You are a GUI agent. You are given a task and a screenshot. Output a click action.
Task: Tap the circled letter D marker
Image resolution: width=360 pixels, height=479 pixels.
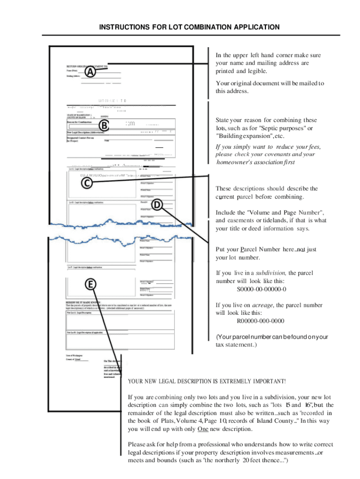[158, 204]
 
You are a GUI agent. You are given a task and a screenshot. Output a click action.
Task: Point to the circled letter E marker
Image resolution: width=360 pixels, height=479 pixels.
[91, 284]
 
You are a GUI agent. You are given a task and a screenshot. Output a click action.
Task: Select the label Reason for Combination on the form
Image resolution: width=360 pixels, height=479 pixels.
[79, 122]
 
